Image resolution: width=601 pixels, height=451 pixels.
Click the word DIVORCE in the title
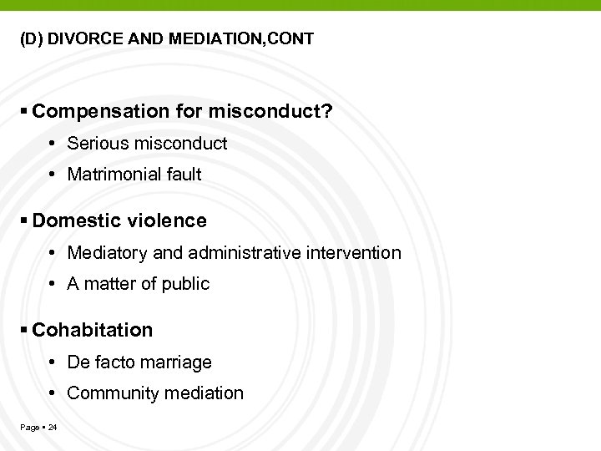(x=81, y=38)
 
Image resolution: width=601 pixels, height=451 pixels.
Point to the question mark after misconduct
(x=326, y=112)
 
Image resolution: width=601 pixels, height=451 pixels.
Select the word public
(x=187, y=284)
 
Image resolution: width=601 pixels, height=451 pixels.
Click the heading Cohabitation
(x=93, y=330)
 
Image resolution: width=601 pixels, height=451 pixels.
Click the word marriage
(x=178, y=362)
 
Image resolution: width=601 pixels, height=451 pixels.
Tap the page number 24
(x=53, y=428)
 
